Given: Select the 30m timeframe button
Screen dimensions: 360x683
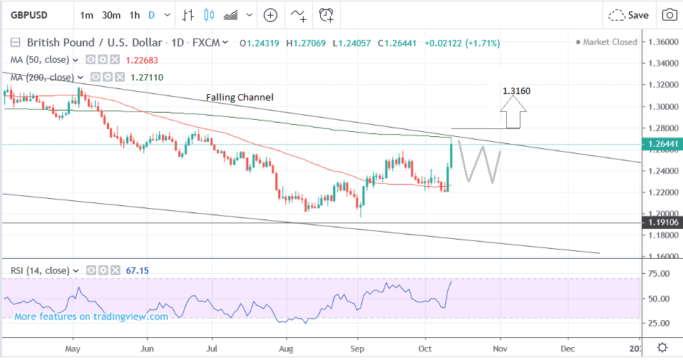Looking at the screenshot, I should click(x=111, y=15).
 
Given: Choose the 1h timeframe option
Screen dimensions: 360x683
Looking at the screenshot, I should click(x=135, y=15).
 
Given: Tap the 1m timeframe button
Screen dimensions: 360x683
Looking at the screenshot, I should click(x=86, y=15).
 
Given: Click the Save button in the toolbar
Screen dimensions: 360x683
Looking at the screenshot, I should click(x=630, y=15).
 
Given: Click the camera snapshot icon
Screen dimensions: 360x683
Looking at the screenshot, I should click(x=669, y=15).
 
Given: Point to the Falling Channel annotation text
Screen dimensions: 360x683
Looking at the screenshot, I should click(x=240, y=97).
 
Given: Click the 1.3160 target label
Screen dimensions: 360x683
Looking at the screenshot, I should click(x=516, y=91).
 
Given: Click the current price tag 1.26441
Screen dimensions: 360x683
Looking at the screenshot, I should click(x=662, y=145).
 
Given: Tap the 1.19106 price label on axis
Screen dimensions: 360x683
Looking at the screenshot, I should click(x=662, y=223).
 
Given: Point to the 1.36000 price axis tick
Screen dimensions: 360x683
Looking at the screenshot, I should click(x=662, y=42).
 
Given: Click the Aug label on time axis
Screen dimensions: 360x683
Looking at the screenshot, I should click(x=286, y=349).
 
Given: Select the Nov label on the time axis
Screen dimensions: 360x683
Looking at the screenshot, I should click(x=500, y=349).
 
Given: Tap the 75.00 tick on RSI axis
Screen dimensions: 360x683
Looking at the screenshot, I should click(x=662, y=274).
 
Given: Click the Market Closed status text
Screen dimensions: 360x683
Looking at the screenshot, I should click(x=610, y=42).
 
